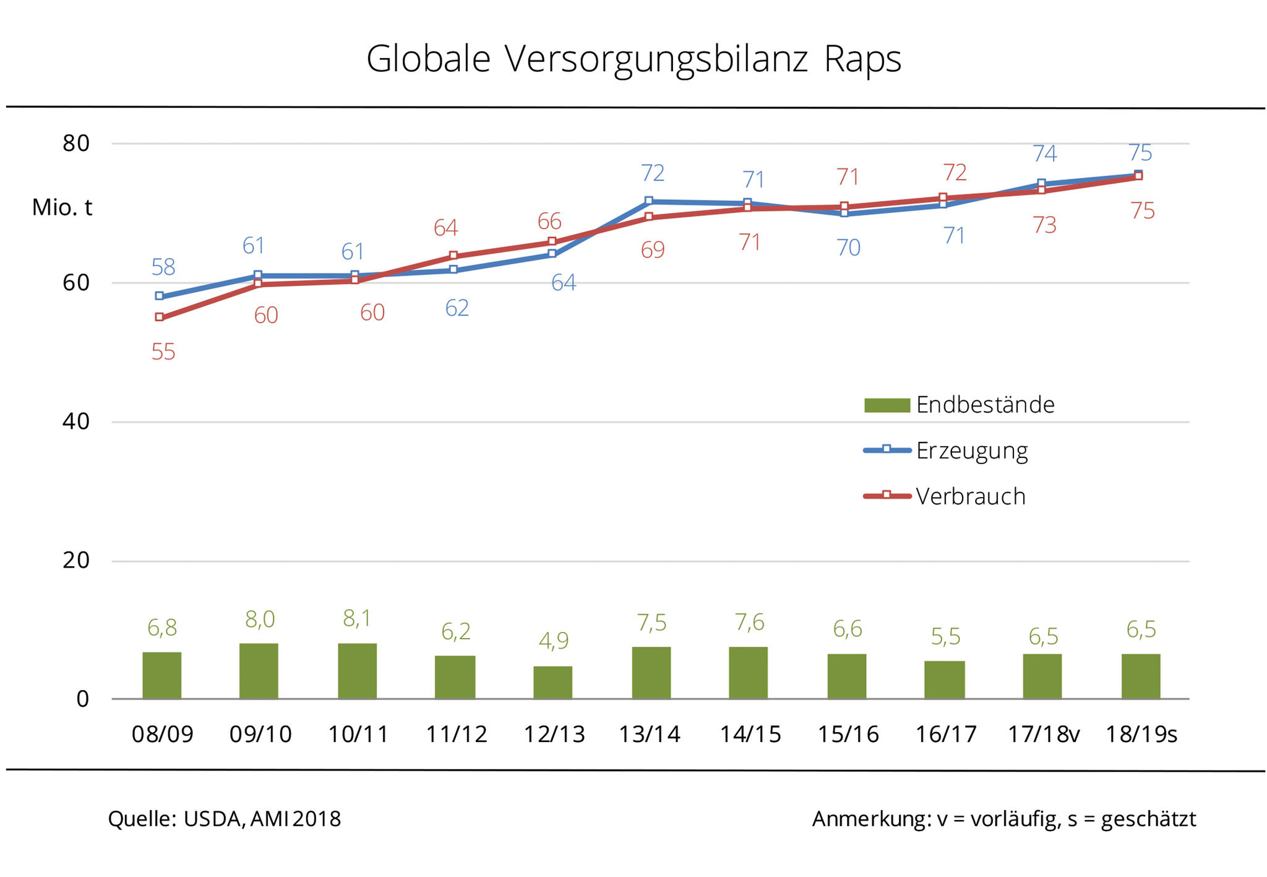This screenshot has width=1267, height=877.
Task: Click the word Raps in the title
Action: [x=862, y=60]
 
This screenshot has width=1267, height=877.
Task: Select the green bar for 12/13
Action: [x=552, y=682]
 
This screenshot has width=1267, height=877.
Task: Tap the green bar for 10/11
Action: [x=357, y=671]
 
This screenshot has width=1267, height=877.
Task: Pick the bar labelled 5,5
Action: [x=944, y=680]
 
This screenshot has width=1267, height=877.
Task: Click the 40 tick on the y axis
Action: [x=76, y=421]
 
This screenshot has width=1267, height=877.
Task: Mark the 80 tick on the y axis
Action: [x=76, y=144]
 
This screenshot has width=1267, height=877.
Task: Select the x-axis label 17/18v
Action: [x=1043, y=734]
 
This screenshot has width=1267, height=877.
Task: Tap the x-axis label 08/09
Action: [x=162, y=734]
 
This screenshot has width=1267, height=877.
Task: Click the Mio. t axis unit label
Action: [x=62, y=208]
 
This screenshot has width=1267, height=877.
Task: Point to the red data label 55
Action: [x=163, y=352]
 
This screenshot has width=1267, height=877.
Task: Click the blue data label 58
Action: [x=163, y=267]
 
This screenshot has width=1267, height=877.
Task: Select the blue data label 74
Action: [x=1045, y=153]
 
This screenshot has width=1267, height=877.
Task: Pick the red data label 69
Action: [x=653, y=250]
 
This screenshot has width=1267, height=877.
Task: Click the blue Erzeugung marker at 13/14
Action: [x=648, y=201]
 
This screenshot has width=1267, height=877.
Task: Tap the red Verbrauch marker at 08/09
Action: [x=160, y=317]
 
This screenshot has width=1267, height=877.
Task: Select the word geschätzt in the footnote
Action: [x=1148, y=819]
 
